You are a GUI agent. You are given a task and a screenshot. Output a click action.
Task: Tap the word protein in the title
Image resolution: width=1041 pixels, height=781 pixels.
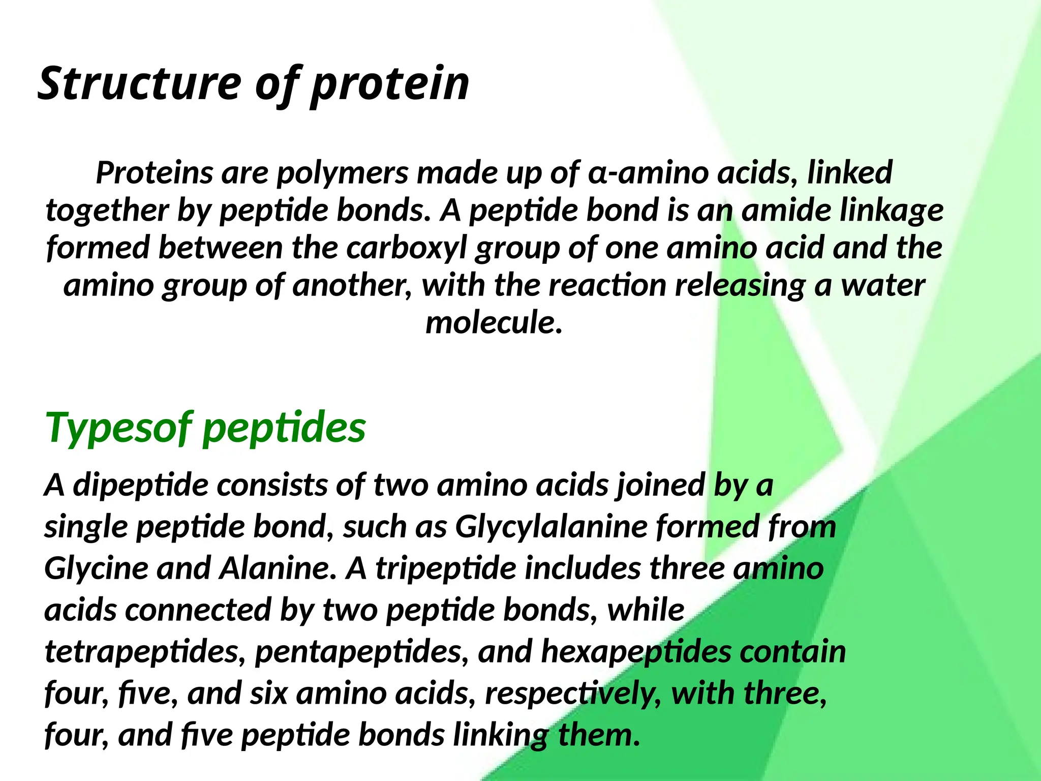tap(390, 84)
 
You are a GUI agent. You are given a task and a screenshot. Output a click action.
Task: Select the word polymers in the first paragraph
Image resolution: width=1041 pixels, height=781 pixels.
tap(342, 173)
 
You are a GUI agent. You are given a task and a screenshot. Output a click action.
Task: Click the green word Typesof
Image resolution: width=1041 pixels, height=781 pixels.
tap(119, 429)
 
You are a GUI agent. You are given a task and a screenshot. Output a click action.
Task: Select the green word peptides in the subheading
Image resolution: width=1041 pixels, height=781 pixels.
tap(284, 429)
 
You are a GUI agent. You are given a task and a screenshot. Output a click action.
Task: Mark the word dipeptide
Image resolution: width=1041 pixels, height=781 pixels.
tap(141, 485)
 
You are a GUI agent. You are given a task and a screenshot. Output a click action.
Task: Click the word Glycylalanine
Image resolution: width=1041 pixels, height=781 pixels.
tap(551, 526)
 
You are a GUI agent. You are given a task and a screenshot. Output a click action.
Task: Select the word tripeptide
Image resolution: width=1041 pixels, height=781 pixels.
tap(446, 568)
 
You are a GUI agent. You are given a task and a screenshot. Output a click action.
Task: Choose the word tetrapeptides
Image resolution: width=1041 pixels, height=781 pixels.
tap(142, 652)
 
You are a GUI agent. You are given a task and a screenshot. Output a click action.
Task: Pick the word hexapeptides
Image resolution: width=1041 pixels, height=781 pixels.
tap(636, 652)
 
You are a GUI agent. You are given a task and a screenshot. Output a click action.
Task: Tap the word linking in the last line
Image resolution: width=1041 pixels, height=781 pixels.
tap(501, 735)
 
